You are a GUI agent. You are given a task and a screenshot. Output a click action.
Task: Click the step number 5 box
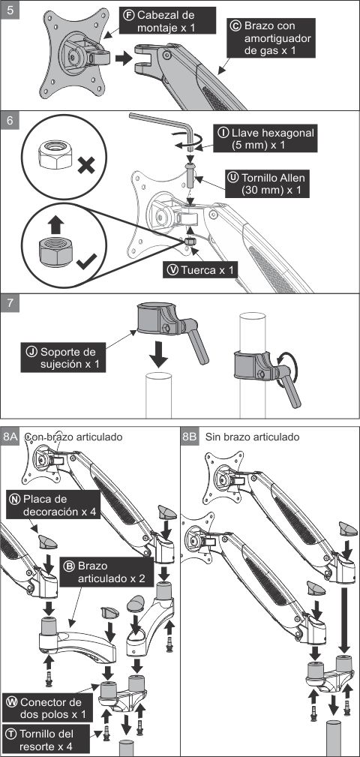tap(10, 10)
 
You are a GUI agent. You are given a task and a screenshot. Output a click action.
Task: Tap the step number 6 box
tap(10, 121)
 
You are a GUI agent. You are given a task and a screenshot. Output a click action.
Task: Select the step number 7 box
tap(10, 304)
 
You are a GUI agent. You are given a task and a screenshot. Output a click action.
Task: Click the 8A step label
tap(10, 437)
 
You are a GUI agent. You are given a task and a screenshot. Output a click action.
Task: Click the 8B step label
tap(190, 437)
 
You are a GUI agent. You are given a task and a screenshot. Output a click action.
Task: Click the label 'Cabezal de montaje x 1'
tap(166, 21)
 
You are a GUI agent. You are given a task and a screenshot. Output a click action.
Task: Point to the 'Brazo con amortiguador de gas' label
tap(272, 38)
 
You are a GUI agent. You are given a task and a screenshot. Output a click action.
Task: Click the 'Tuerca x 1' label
tap(200, 270)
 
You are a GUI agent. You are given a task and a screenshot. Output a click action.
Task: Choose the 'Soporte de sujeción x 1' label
tap(63, 358)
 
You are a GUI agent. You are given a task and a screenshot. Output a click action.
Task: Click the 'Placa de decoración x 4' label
tap(52, 504)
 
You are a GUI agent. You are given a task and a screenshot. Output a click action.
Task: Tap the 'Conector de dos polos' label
tap(46, 707)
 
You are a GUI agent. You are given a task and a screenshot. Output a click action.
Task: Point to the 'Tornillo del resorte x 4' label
tap(46, 740)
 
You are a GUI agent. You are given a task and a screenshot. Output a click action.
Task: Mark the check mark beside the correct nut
tap(86, 261)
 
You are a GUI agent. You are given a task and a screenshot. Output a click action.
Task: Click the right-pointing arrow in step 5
tap(124, 59)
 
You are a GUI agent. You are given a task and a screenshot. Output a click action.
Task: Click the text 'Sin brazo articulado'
tap(253, 437)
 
